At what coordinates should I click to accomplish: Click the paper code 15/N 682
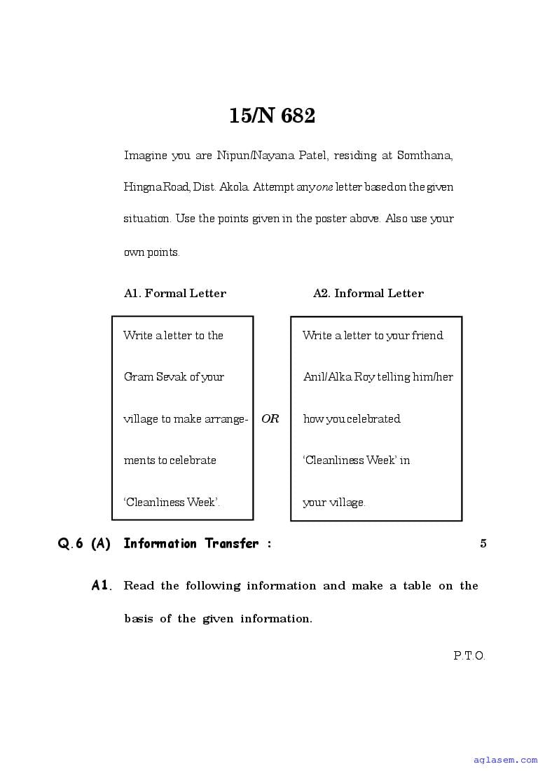[x=272, y=116]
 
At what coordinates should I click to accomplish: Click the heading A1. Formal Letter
[x=175, y=294]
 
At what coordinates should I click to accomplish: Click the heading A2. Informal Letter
[x=368, y=294]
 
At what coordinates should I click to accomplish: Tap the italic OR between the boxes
[x=270, y=419]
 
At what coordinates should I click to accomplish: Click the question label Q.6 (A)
[x=84, y=543]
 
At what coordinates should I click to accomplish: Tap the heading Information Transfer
[x=191, y=543]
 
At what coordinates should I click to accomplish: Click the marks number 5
[x=483, y=543]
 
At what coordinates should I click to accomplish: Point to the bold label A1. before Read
[x=102, y=585]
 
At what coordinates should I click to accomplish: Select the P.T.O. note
[x=469, y=656]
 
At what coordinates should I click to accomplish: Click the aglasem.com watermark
[x=504, y=759]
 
